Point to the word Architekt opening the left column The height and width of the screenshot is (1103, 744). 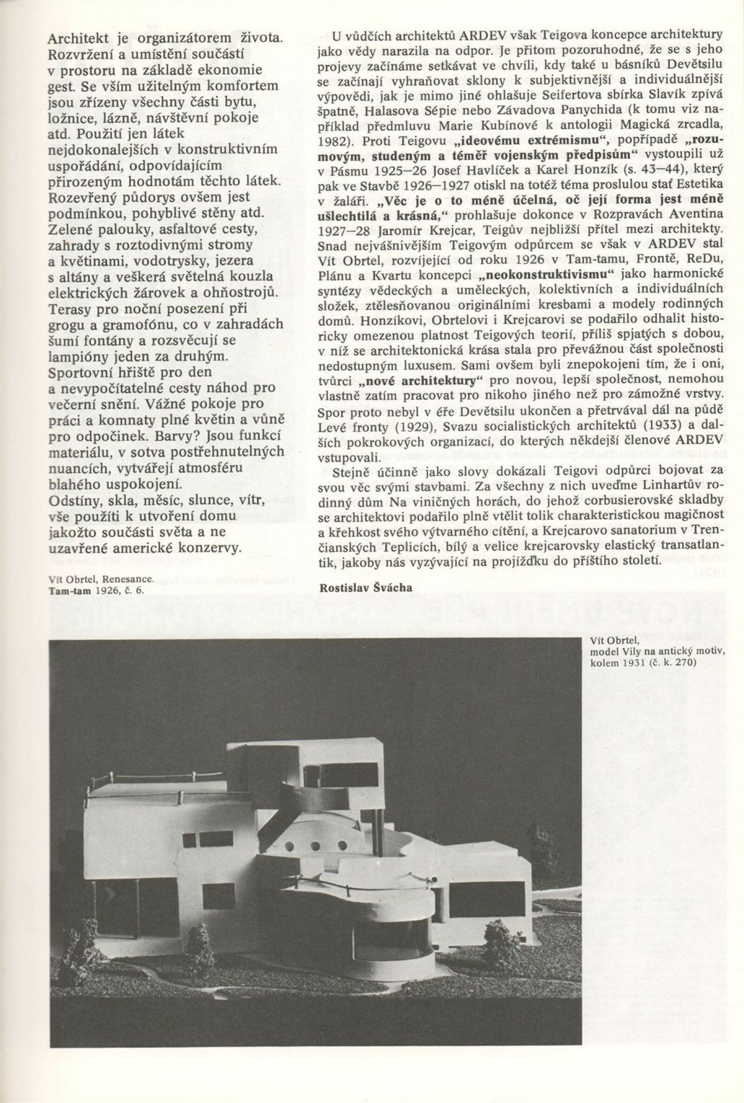(x=79, y=38)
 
